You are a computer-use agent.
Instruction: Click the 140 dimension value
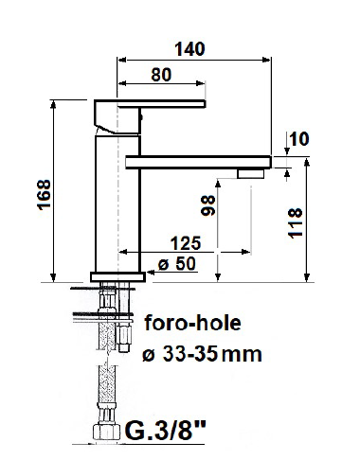pyautogui.click(x=190, y=49)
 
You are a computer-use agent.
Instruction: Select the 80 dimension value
pyautogui.click(x=161, y=75)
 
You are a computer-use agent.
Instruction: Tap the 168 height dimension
pyautogui.click(x=44, y=195)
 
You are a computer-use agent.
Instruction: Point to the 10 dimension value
pyautogui.click(x=298, y=139)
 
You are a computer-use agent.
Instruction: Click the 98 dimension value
pyautogui.click(x=208, y=205)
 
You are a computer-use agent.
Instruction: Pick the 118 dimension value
pyautogui.click(x=296, y=223)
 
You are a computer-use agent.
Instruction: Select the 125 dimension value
pyautogui.click(x=186, y=243)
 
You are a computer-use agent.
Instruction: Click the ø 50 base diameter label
pyautogui.click(x=177, y=264)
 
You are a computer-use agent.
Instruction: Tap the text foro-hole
pyautogui.click(x=193, y=323)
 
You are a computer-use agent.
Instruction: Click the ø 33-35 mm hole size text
pyautogui.click(x=202, y=354)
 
